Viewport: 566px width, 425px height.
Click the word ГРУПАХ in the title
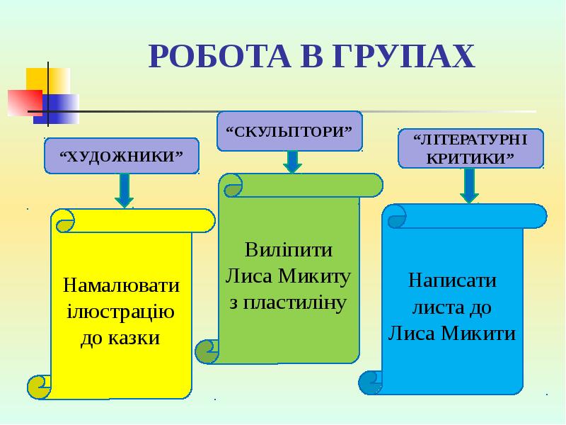(x=401, y=56)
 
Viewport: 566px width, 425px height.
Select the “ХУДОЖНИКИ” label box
(x=122, y=156)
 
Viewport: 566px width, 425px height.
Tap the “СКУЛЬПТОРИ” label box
(x=289, y=131)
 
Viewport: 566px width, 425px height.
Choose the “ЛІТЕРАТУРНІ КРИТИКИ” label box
(x=470, y=148)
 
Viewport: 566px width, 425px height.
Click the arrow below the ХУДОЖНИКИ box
(x=125, y=190)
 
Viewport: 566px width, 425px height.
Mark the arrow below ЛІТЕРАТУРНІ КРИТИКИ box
(x=469, y=186)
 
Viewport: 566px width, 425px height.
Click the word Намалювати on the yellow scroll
(x=122, y=285)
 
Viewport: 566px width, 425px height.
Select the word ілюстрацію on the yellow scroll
(x=121, y=312)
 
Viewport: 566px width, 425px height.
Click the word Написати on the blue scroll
(x=452, y=280)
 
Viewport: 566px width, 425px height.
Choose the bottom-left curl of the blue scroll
(x=371, y=382)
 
